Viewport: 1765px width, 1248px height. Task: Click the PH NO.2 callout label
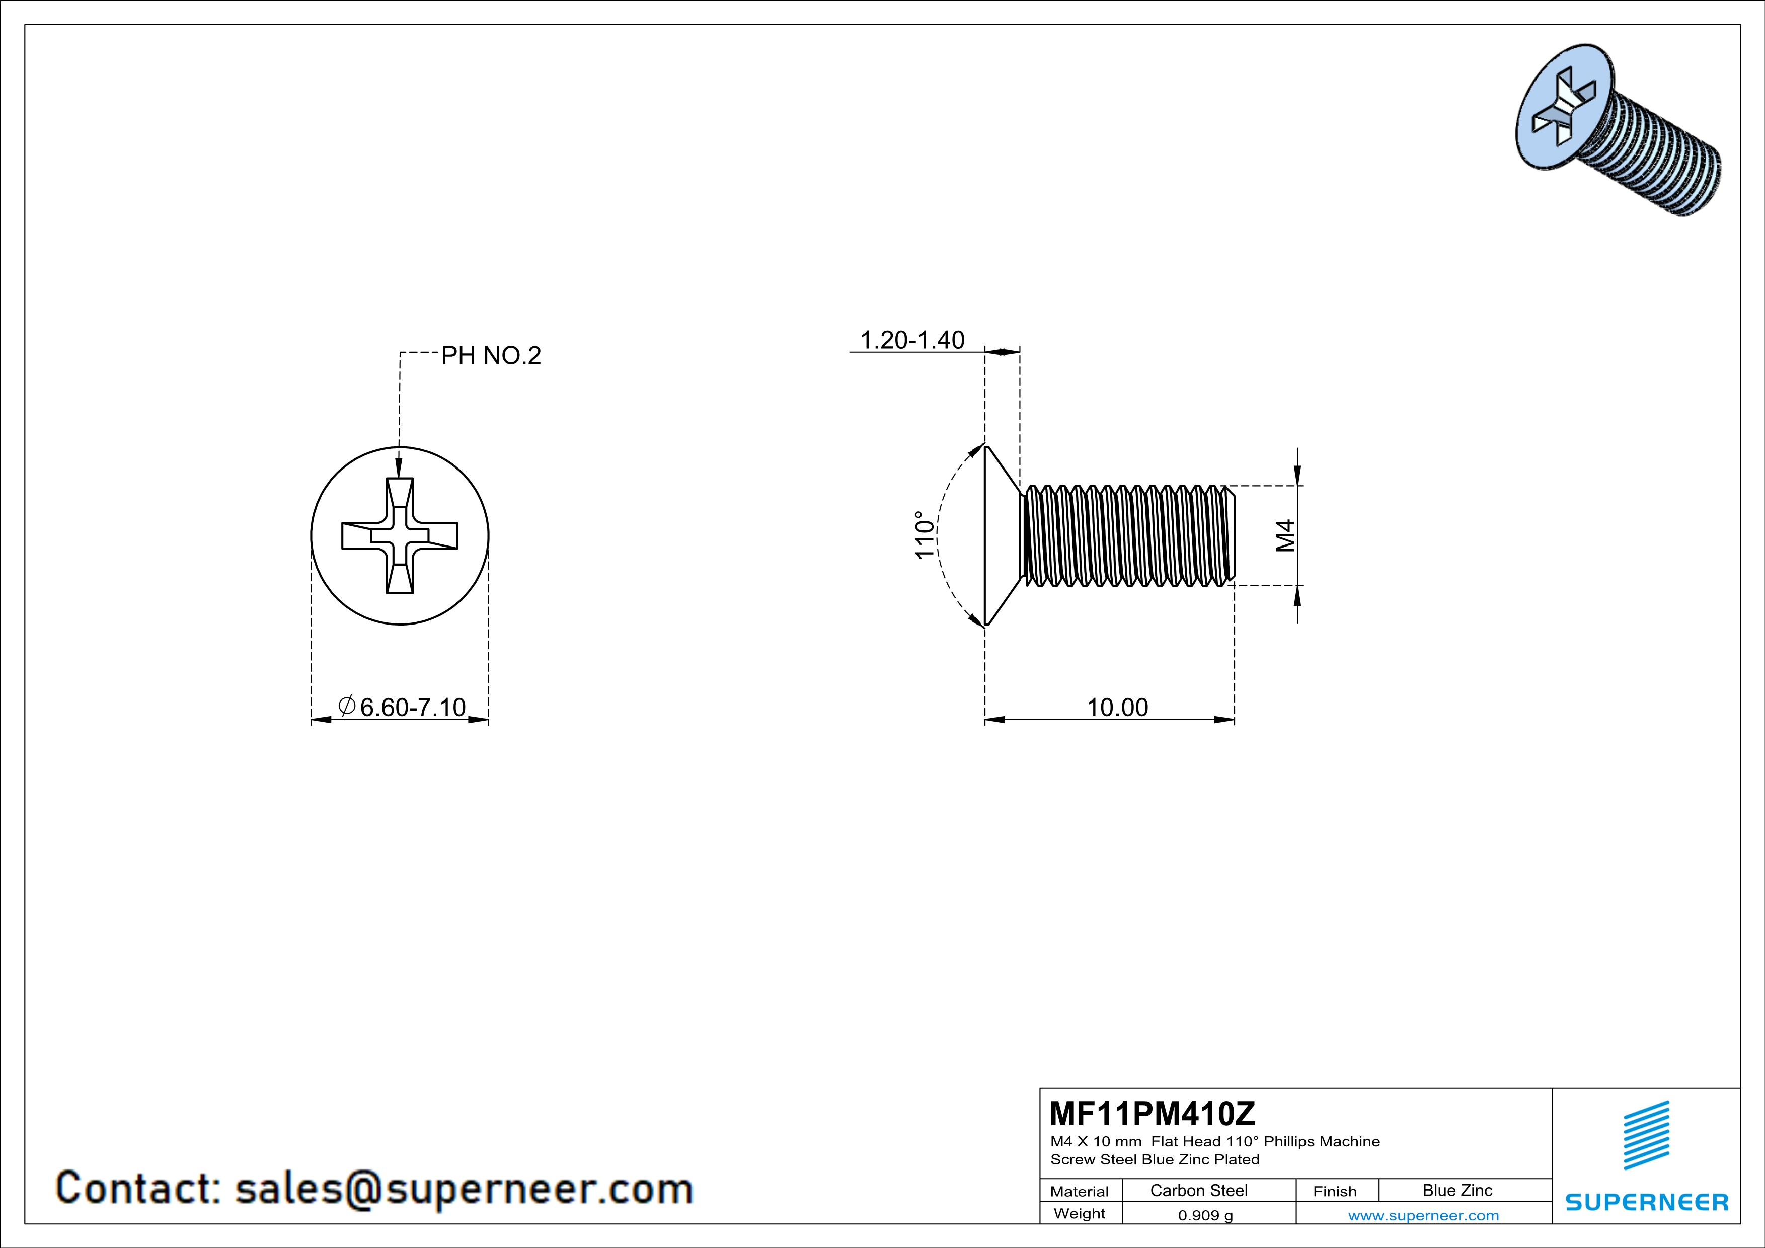pyautogui.click(x=491, y=356)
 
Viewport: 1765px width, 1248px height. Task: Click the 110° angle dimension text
pyautogui.click(x=925, y=535)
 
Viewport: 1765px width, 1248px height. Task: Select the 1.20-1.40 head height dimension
pyautogui.click(x=912, y=340)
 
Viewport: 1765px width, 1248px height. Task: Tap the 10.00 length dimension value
pyautogui.click(x=1117, y=707)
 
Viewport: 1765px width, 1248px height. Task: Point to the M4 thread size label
pyautogui.click(x=1285, y=535)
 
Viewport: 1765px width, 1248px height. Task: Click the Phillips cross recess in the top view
pyautogui.click(x=400, y=535)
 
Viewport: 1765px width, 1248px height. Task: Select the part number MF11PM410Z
pyautogui.click(x=1152, y=1112)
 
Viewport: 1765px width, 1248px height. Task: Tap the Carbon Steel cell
pyautogui.click(x=1198, y=1190)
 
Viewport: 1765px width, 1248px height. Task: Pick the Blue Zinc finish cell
pyautogui.click(x=1456, y=1190)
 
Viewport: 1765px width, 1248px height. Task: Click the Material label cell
pyautogui.click(x=1080, y=1191)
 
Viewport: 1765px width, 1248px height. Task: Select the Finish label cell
pyautogui.click(x=1335, y=1191)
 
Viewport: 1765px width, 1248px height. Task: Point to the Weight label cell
pyautogui.click(x=1080, y=1213)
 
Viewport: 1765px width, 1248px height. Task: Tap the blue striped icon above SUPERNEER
pyautogui.click(x=1646, y=1135)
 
